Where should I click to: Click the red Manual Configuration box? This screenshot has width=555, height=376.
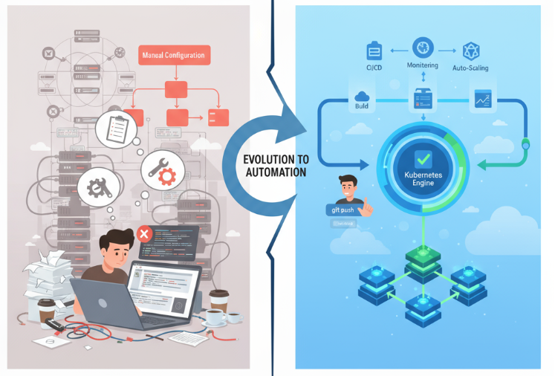(x=175, y=54)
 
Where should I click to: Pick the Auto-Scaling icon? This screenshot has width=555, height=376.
(x=470, y=50)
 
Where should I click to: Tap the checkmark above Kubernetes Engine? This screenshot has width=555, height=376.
(x=421, y=158)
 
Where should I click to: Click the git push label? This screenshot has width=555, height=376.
(x=343, y=210)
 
